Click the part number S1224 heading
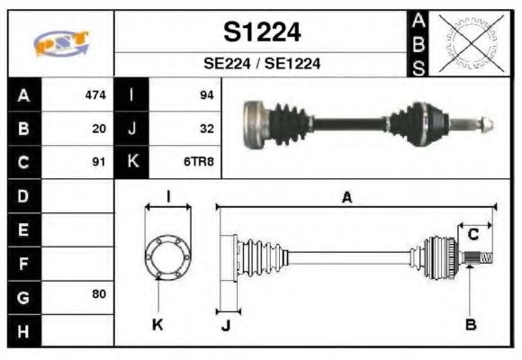261,32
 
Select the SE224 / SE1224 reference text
261,64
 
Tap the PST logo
61,43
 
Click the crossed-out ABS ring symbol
469,43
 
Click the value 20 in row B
99,129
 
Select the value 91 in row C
99,163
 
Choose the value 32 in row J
205,129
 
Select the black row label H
23,330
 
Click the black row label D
23,196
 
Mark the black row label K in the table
131,163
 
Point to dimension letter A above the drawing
346,199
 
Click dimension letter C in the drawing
472,235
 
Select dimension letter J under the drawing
225,325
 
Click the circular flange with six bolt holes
167,256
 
